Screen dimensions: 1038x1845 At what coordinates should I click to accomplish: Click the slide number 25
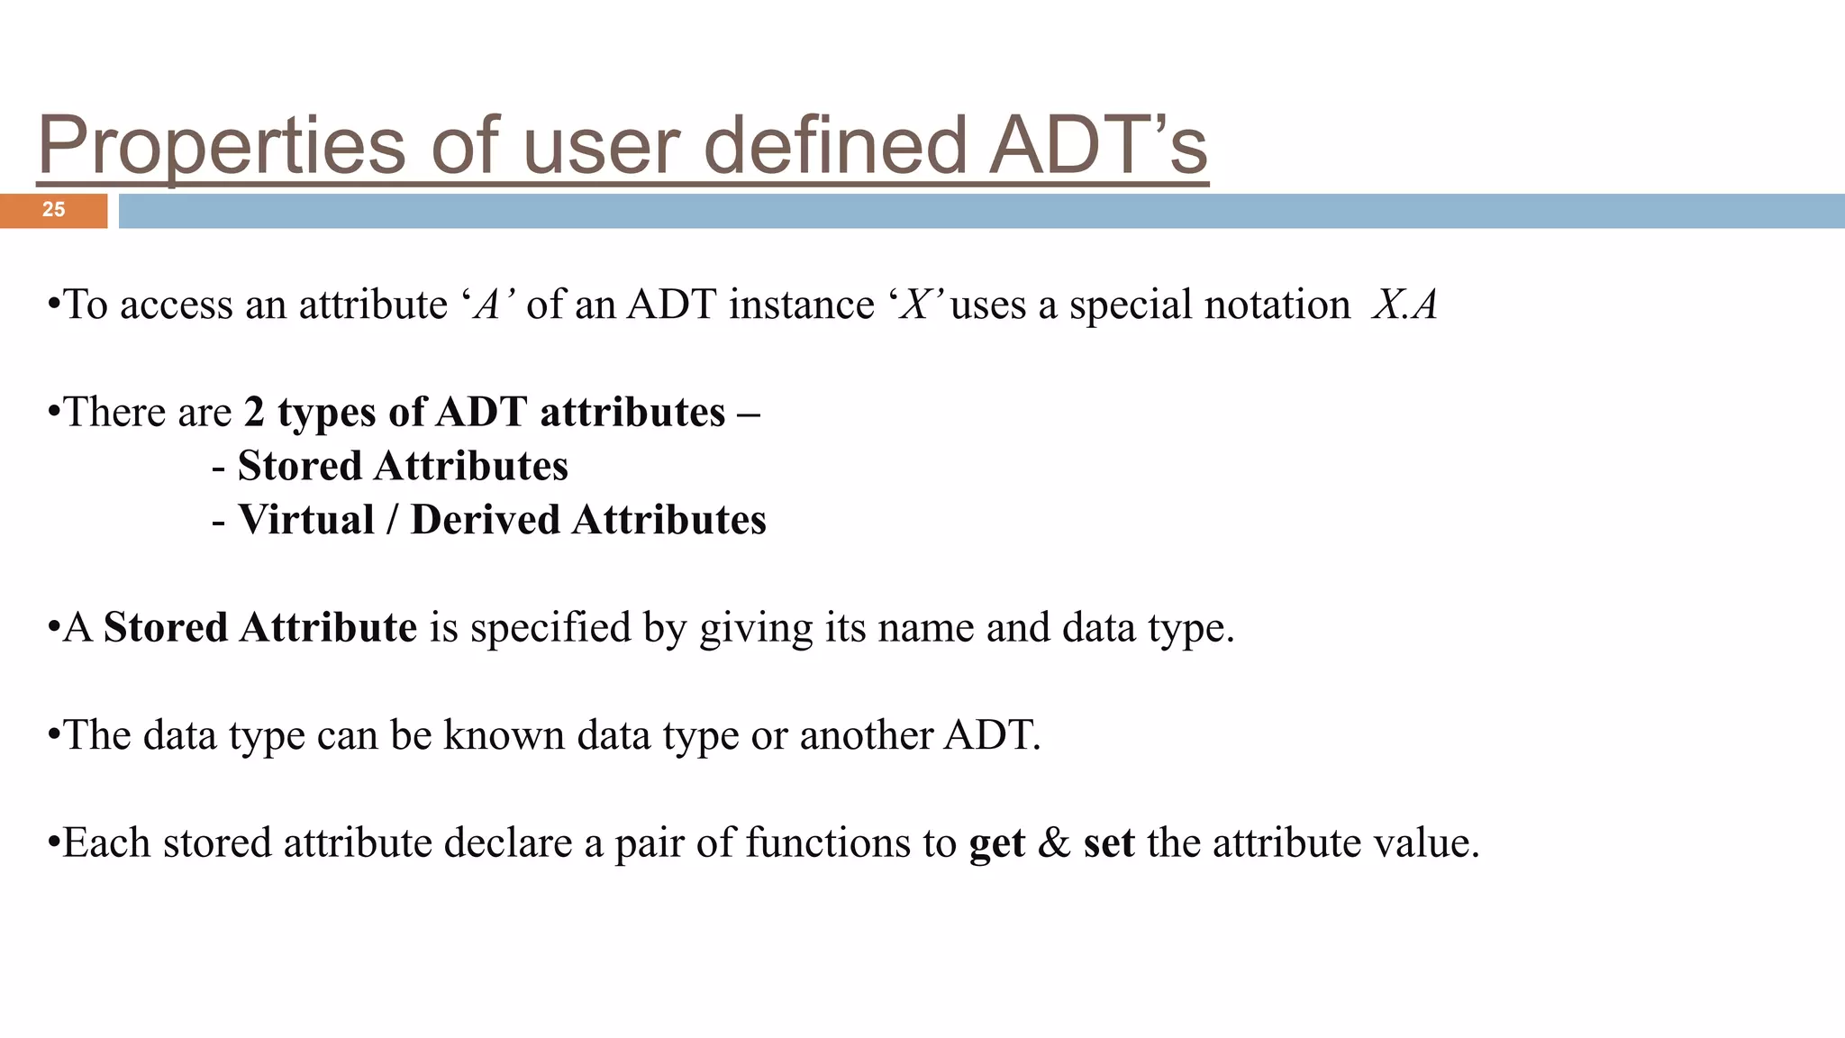(53, 210)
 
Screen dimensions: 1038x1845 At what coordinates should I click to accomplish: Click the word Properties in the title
(222, 146)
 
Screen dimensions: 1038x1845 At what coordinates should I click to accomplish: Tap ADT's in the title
(1097, 146)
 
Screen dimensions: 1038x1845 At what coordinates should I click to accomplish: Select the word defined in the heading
(834, 146)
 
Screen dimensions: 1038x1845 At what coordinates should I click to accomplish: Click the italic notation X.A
(1404, 305)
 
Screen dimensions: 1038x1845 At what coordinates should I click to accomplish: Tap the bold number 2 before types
(254, 413)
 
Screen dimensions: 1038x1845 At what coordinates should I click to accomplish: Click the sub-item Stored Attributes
(403, 467)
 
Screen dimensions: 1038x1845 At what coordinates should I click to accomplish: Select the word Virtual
(306, 521)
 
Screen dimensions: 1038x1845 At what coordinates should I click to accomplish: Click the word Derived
(486, 521)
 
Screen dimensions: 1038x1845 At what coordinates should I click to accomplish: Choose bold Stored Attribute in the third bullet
(259, 628)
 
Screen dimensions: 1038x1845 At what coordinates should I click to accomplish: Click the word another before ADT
(866, 736)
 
